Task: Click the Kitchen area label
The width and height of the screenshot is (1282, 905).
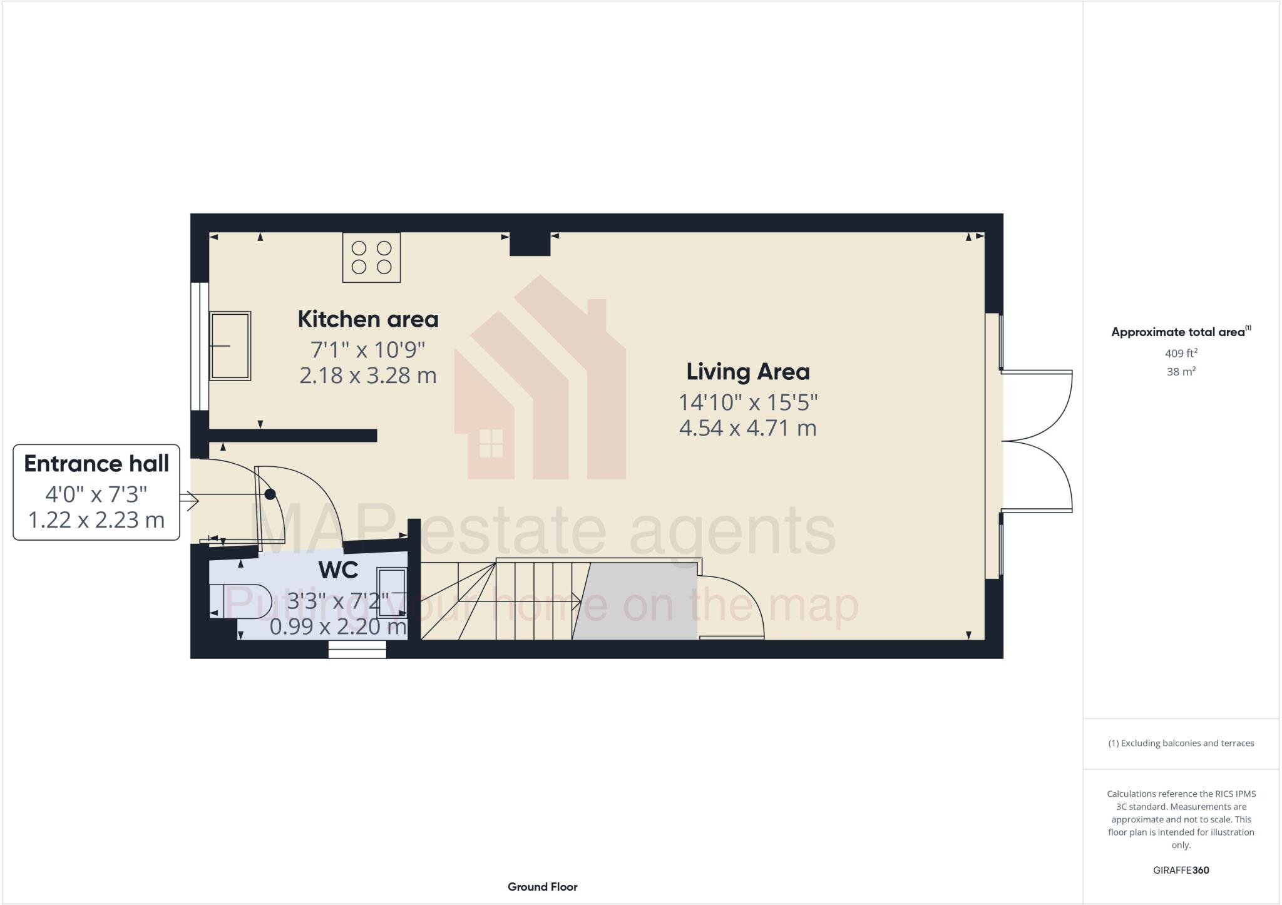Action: point(367,319)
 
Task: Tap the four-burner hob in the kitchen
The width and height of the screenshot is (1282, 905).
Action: point(371,257)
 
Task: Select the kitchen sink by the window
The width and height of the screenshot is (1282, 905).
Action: point(230,345)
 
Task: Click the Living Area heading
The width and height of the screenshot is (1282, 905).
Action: point(748,372)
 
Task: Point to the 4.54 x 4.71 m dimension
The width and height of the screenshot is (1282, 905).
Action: point(748,428)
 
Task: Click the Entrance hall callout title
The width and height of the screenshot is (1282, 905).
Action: point(96,464)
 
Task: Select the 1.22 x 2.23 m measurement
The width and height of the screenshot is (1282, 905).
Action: point(96,519)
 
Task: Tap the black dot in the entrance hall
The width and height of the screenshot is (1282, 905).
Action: point(270,494)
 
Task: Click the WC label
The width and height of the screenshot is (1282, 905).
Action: point(338,570)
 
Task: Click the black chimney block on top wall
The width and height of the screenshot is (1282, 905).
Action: point(530,244)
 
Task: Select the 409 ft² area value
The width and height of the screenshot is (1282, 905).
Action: point(1181,353)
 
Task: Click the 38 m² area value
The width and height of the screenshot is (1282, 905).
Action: point(1181,372)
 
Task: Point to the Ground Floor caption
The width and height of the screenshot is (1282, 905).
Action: point(542,887)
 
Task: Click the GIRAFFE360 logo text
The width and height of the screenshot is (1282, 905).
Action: point(1181,870)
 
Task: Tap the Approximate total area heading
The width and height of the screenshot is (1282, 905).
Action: point(1178,332)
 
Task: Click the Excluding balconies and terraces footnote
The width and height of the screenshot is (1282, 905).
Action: point(1181,744)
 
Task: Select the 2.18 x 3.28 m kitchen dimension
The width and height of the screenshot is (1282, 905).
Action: point(367,376)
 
